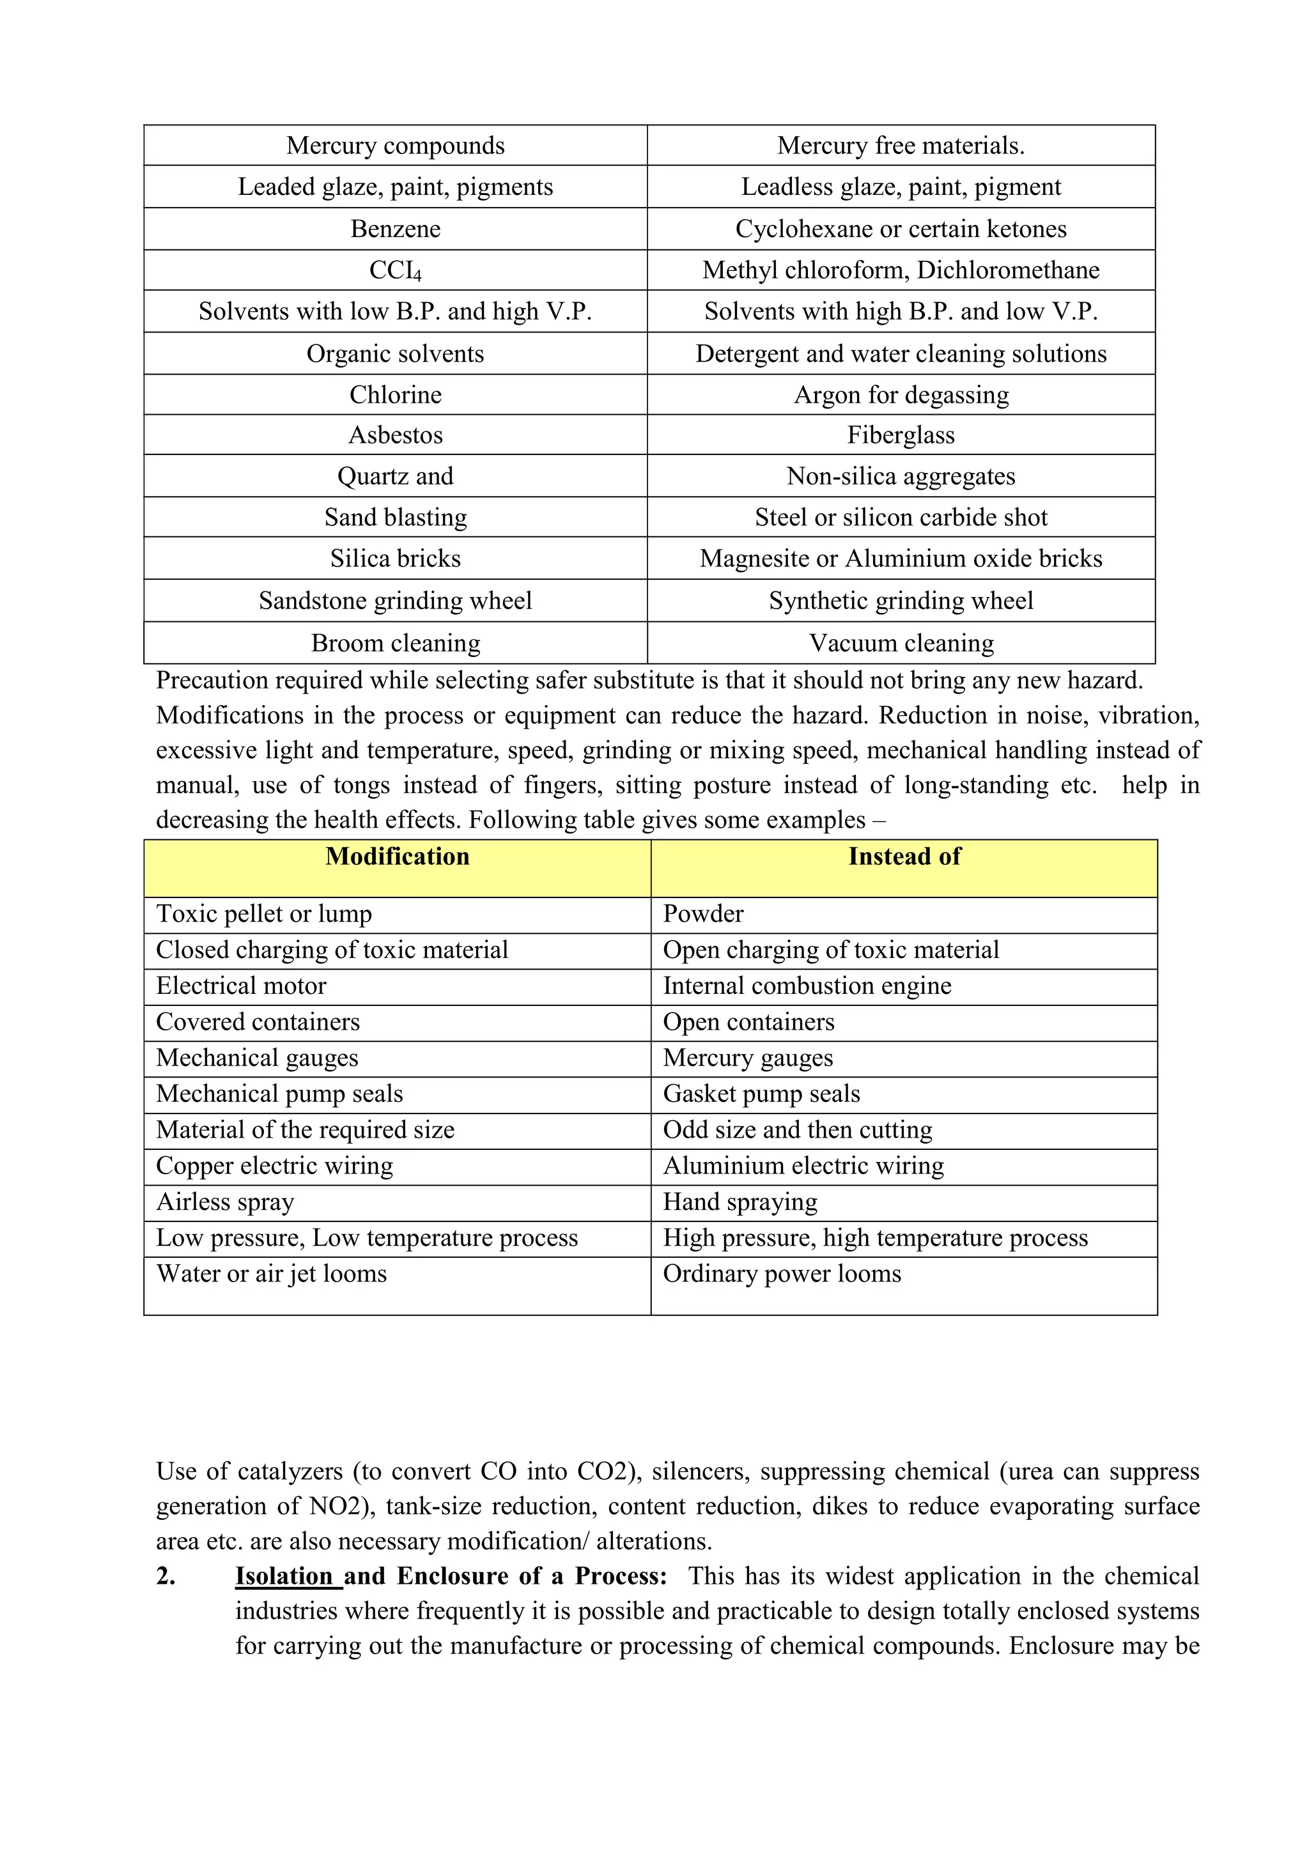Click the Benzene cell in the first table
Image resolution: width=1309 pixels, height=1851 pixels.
pos(395,229)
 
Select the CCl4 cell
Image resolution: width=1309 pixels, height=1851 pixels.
pos(395,271)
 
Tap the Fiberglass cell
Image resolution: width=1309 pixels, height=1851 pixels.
pos(901,435)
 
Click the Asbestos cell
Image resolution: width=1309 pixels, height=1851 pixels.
pos(395,435)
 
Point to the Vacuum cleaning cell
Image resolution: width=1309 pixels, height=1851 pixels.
pos(901,644)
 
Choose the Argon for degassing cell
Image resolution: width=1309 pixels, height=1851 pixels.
pos(901,395)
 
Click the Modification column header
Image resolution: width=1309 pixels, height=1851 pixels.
pos(398,857)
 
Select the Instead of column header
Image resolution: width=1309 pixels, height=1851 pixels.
pos(904,857)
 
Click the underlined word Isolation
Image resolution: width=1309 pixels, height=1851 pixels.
pos(284,1576)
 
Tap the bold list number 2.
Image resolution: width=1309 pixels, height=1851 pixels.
pos(166,1576)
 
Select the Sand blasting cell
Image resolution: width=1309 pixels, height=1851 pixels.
pos(395,518)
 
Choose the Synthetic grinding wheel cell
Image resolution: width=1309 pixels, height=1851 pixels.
pos(901,601)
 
